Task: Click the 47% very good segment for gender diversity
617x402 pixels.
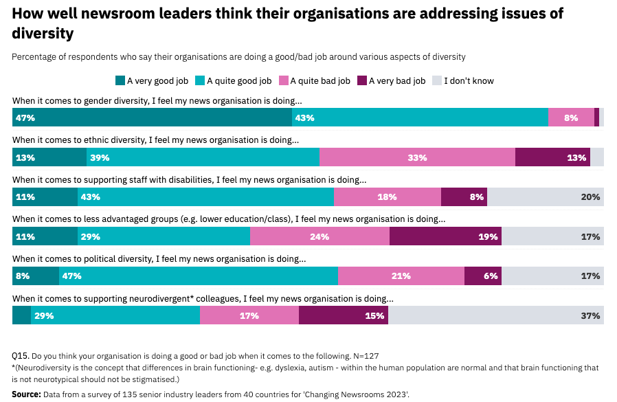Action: [x=152, y=118]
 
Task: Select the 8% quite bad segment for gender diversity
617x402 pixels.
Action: [x=571, y=118]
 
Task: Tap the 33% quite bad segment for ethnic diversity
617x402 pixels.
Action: [x=417, y=157]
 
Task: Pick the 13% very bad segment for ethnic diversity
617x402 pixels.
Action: [x=552, y=157]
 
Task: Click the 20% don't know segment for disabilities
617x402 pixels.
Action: [x=546, y=197]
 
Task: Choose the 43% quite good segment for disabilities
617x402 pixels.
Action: [x=205, y=197]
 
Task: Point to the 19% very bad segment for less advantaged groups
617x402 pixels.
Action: [x=445, y=237]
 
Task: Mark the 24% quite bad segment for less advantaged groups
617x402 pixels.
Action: [x=319, y=237]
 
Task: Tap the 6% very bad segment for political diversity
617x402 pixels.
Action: [x=482, y=276]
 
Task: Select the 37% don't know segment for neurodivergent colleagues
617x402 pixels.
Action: [x=496, y=316]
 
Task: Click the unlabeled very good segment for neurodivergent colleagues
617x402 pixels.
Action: [x=21, y=316]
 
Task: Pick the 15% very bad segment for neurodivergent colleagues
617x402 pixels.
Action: [x=344, y=316]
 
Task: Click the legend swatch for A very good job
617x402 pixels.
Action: [x=120, y=80]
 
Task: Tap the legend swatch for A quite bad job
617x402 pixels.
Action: [x=284, y=80]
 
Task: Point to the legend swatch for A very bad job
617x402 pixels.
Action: [x=363, y=80]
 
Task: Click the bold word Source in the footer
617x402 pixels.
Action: [x=26, y=395]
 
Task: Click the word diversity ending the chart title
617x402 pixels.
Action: [x=43, y=32]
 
